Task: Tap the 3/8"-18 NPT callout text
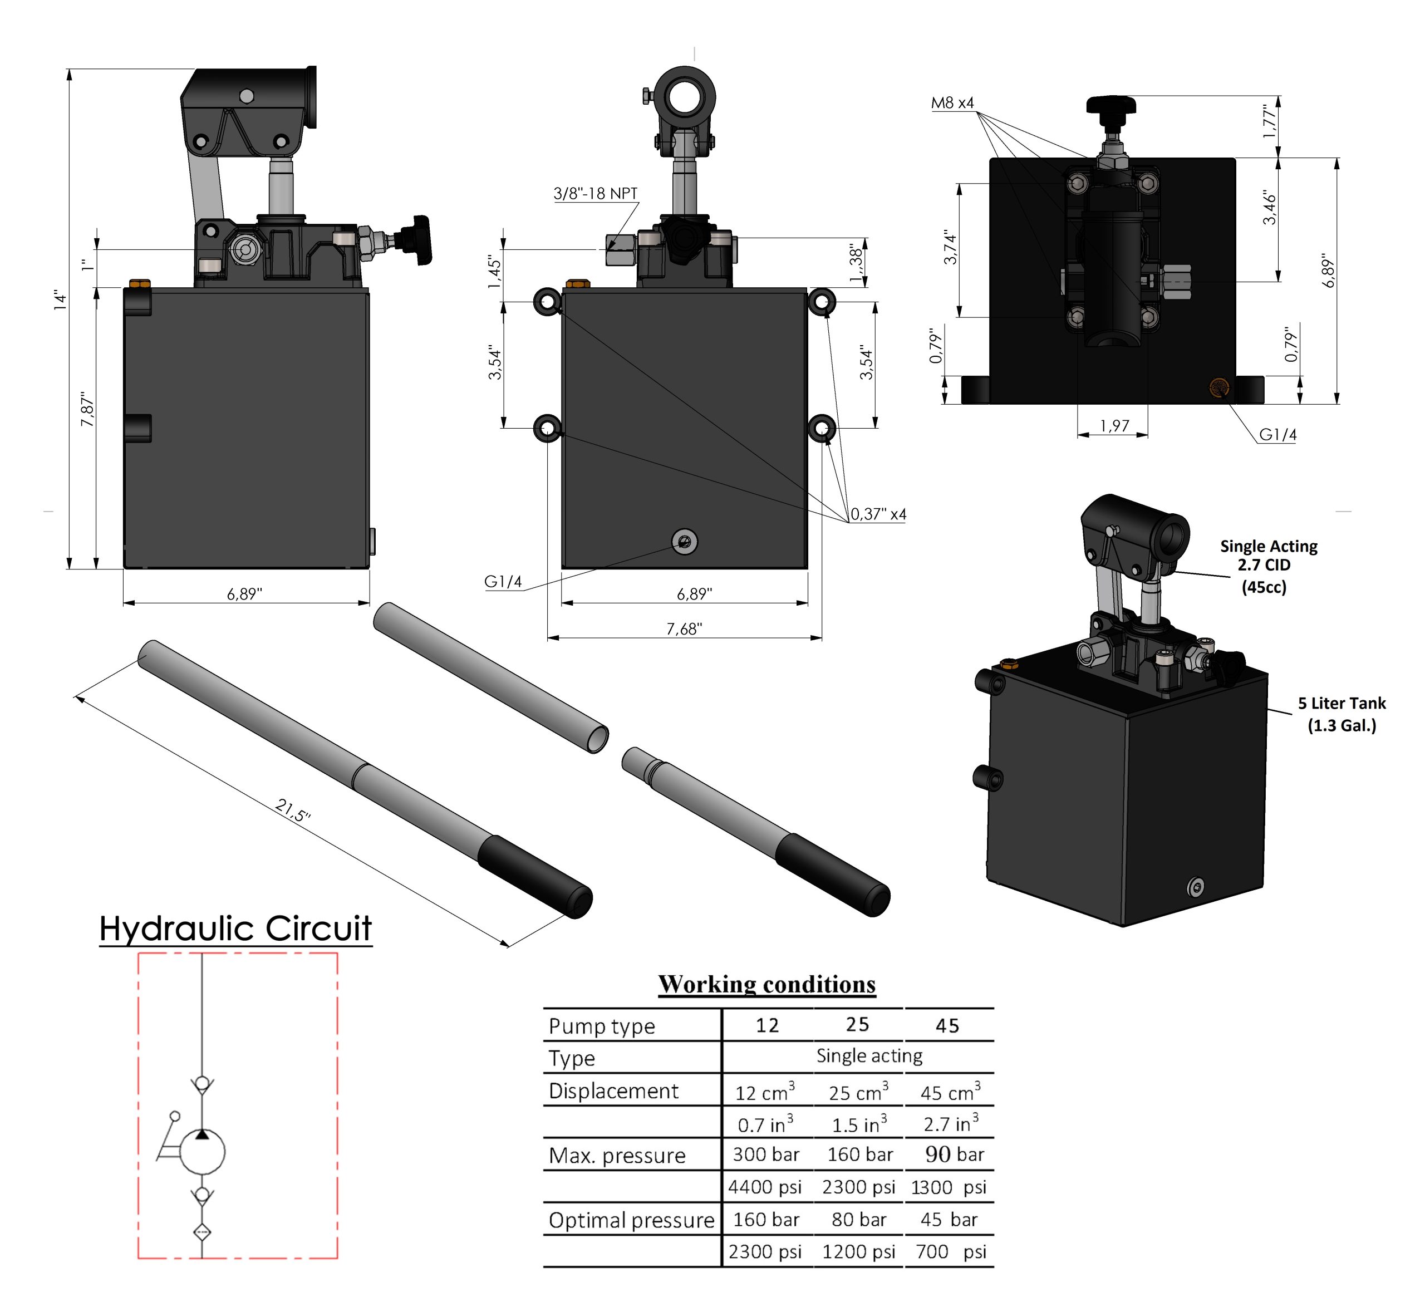coord(595,194)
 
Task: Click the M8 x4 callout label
coord(951,103)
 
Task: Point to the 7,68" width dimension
coord(684,629)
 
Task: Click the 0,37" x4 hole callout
coord(877,514)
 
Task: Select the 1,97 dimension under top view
coord(1114,425)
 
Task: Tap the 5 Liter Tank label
coord(1341,714)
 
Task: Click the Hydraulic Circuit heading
coord(235,928)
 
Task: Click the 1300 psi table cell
coord(948,1187)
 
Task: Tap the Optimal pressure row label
coord(631,1220)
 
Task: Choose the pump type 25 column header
coord(857,1025)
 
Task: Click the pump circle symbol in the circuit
coord(202,1152)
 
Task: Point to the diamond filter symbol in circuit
coord(202,1232)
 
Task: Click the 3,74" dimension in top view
coord(951,249)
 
